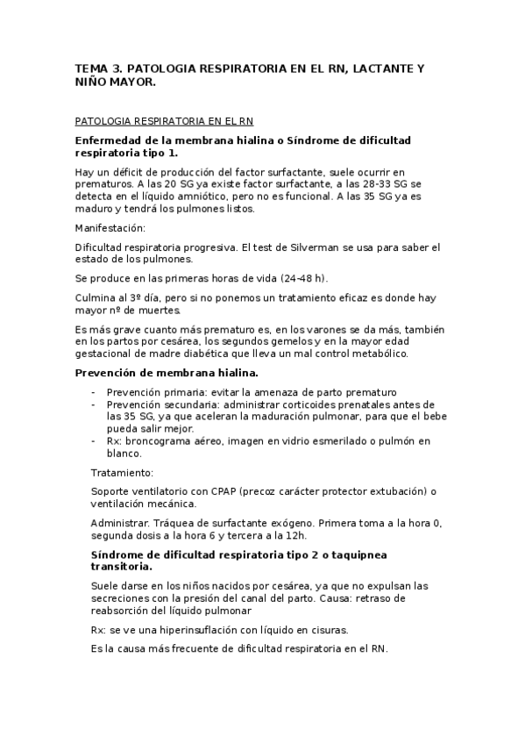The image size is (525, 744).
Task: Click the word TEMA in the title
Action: click(x=89, y=68)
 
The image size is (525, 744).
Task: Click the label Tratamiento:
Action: click(x=122, y=473)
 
